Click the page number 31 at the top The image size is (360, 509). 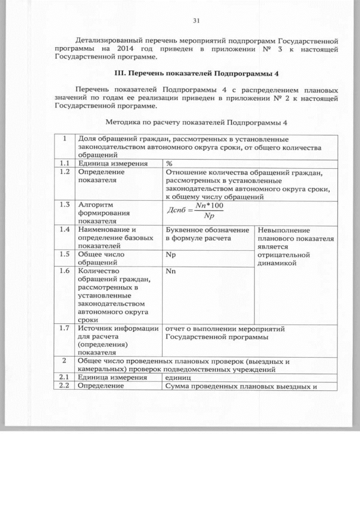(x=196, y=21)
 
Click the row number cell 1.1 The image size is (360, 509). (x=65, y=163)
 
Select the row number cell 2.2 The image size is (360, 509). (x=65, y=386)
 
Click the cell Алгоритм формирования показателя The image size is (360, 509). (x=105, y=213)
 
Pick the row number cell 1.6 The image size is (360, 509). (x=65, y=271)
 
